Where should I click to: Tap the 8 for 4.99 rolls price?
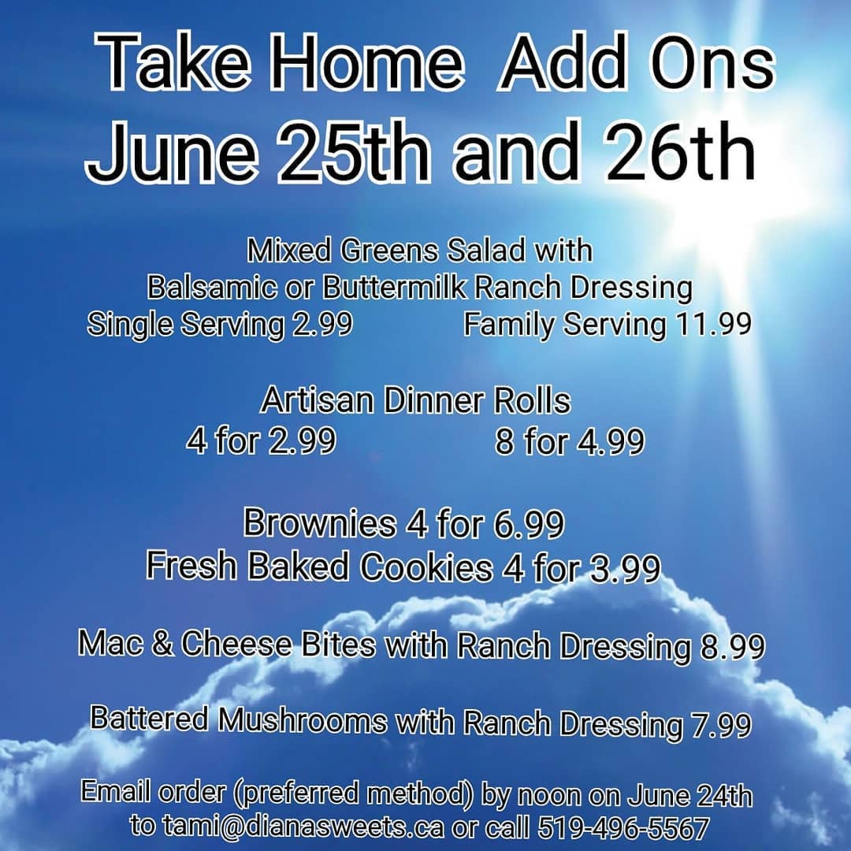coord(570,440)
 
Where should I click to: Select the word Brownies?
coord(320,522)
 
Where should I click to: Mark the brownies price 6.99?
coord(530,524)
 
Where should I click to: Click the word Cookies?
coord(426,567)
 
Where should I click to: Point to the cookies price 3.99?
coord(625,568)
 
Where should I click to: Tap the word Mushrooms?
coord(303,720)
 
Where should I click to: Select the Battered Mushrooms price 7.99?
coord(721,725)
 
